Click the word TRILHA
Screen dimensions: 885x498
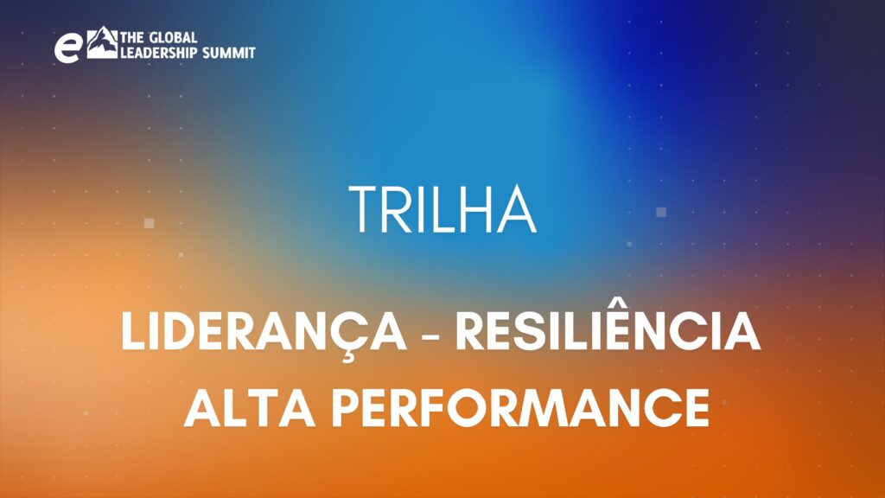click(x=442, y=209)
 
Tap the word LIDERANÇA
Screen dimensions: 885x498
click(x=264, y=333)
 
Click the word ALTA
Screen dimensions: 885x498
click(x=250, y=408)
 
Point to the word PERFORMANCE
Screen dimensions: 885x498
click(x=520, y=408)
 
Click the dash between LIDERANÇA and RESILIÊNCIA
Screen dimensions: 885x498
click(x=430, y=335)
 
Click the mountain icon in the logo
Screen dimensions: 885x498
click(x=102, y=42)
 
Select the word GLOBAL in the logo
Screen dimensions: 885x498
click(x=173, y=38)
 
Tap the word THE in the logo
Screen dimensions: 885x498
click(x=132, y=38)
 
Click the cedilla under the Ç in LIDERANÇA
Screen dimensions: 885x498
click(x=348, y=355)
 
